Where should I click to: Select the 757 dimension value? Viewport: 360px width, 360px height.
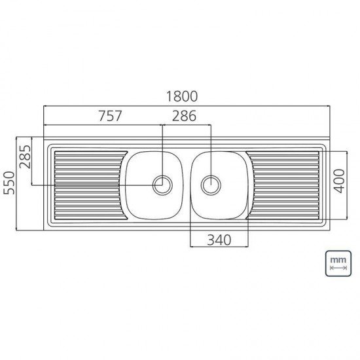click(x=110, y=117)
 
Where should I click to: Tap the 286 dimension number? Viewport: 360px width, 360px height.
click(x=187, y=117)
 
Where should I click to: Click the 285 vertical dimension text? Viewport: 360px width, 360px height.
click(x=25, y=156)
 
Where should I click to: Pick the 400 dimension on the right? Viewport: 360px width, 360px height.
click(x=338, y=179)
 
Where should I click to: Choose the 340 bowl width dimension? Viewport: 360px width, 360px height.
click(x=218, y=240)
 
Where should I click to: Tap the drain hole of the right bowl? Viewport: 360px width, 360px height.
click(x=211, y=185)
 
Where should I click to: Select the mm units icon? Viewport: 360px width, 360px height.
click(x=338, y=264)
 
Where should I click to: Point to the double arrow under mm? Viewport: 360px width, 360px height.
click(x=338, y=269)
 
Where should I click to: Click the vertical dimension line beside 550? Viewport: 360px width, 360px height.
click(x=16, y=183)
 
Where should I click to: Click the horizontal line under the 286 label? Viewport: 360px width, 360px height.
click(x=187, y=125)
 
